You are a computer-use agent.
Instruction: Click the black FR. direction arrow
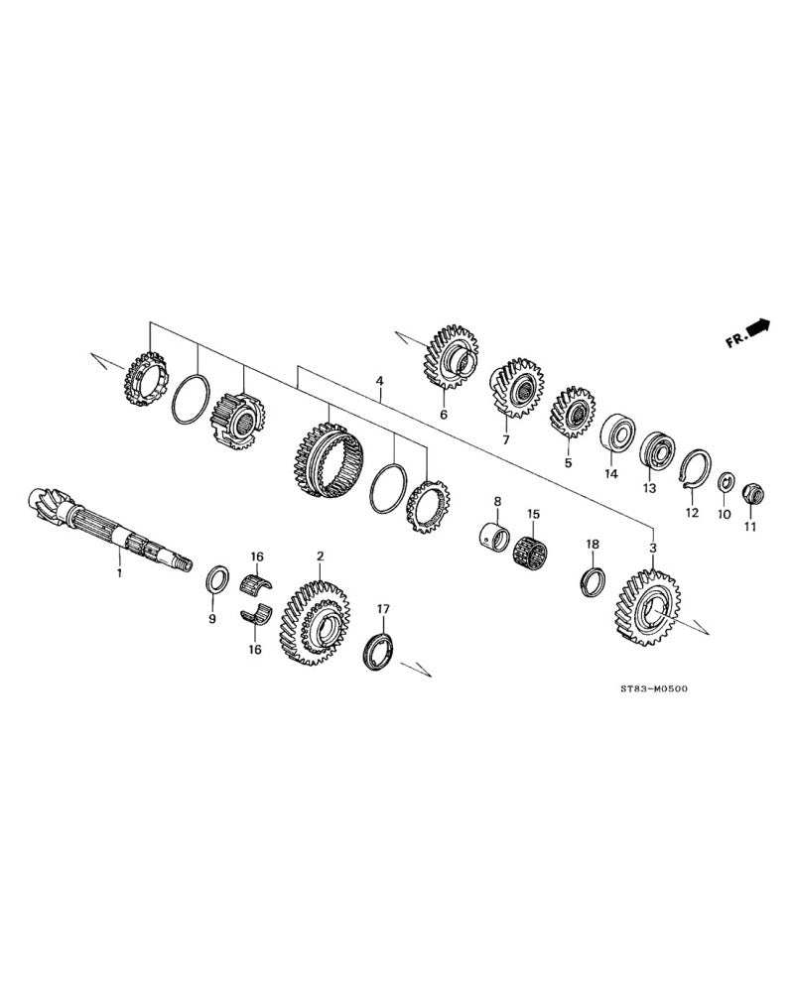pyautogui.click(x=760, y=327)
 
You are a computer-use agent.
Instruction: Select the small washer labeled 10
pyautogui.click(x=726, y=482)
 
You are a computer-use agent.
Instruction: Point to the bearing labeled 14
pyautogui.click(x=618, y=433)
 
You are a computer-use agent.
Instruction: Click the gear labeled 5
pyautogui.click(x=572, y=412)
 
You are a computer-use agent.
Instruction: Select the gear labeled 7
pyautogui.click(x=516, y=388)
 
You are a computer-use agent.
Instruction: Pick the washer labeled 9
pyautogui.click(x=217, y=579)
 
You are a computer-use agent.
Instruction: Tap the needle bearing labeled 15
pyautogui.click(x=532, y=553)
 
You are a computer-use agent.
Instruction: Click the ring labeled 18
pyautogui.click(x=593, y=579)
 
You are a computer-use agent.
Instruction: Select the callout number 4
pyautogui.click(x=378, y=381)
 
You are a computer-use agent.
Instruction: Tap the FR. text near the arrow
pyautogui.click(x=735, y=340)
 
